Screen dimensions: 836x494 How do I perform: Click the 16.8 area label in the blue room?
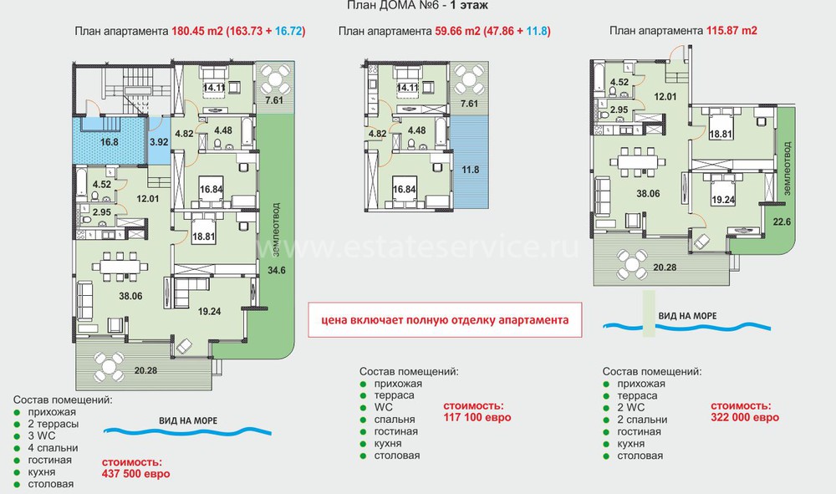click(x=110, y=142)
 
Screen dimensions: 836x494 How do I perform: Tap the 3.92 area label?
click(x=159, y=142)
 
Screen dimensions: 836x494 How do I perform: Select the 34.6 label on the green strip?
click(x=277, y=270)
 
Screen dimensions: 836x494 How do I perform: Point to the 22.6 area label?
click(x=782, y=222)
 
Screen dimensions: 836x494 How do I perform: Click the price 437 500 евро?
click(x=136, y=474)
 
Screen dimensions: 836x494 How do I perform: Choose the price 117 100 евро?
click(x=477, y=417)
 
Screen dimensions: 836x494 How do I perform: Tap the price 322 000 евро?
click(x=745, y=417)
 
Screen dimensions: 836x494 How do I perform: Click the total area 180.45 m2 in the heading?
click(x=196, y=31)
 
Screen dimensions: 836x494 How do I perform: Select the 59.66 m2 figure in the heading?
click(x=458, y=31)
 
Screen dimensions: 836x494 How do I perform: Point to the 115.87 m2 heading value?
click(x=731, y=30)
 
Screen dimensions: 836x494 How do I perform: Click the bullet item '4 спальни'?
click(x=53, y=448)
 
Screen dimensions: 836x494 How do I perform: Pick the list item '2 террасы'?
click(x=54, y=424)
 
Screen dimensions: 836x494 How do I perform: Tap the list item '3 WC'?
click(x=42, y=436)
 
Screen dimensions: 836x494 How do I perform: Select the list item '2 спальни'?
click(x=642, y=420)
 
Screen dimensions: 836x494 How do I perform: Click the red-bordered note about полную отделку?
click(x=445, y=320)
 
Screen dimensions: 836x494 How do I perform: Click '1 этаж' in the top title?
click(x=469, y=6)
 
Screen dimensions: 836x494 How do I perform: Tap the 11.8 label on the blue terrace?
click(x=470, y=170)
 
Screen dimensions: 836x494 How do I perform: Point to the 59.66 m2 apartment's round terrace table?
click(x=469, y=79)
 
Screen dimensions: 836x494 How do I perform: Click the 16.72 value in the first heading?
click(x=288, y=31)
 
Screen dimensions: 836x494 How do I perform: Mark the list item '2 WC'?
click(x=630, y=408)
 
